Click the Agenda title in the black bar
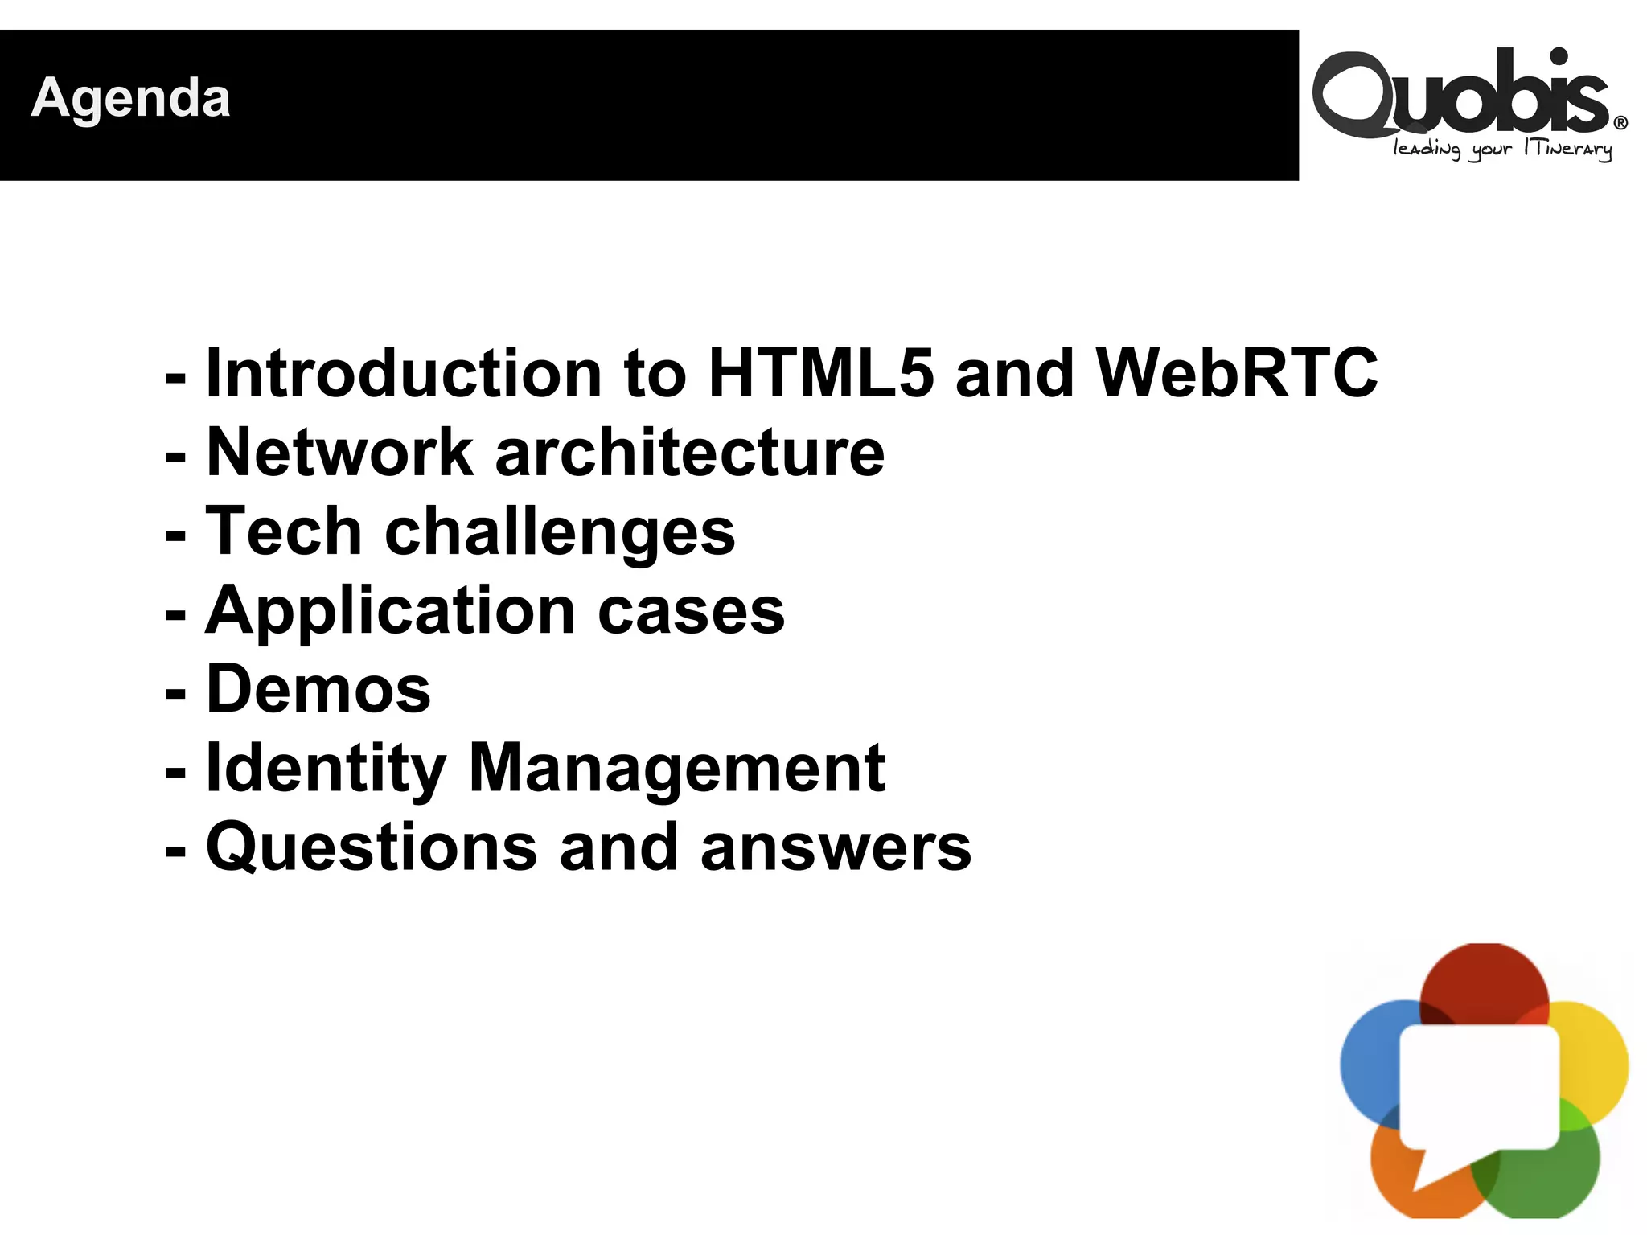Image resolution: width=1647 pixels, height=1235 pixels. coord(130,98)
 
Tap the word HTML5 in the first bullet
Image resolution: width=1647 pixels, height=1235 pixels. coord(820,373)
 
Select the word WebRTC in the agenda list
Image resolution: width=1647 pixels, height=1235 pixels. coord(1237,373)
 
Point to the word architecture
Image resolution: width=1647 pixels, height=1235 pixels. coord(690,452)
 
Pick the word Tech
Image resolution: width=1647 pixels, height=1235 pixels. coord(283,531)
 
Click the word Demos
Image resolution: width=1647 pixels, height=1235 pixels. coord(318,689)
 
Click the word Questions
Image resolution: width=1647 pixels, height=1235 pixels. coord(372,847)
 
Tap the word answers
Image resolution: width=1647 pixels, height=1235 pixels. coord(836,847)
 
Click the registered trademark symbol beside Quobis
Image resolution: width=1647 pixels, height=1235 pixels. coord(1620,123)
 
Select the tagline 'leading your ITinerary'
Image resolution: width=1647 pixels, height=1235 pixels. coord(1502,150)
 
